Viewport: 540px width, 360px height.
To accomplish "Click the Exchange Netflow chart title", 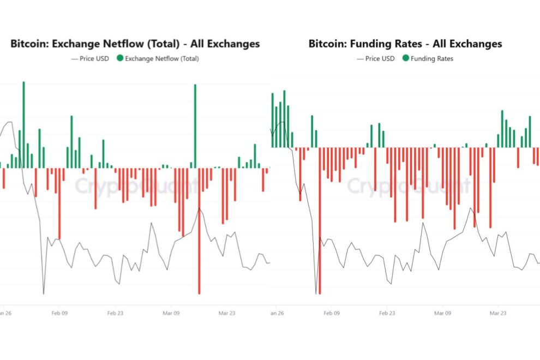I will [x=135, y=44].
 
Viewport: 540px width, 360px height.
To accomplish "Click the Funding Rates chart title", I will [x=405, y=44].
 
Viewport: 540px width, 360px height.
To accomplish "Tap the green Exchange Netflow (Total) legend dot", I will [x=119, y=58].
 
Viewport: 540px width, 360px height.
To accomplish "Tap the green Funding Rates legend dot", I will [x=406, y=58].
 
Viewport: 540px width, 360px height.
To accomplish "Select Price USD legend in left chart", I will [x=91, y=58].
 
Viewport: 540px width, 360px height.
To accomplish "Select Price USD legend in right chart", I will [x=376, y=58].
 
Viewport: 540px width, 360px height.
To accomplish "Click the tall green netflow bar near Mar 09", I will [x=195, y=125].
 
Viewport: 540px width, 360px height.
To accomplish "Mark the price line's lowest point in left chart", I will [x=44, y=293].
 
